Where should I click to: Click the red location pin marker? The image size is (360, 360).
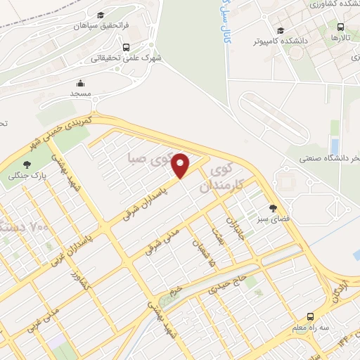[181, 166]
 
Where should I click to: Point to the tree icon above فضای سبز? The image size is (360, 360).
[273, 207]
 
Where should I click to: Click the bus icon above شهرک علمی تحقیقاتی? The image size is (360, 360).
[126, 48]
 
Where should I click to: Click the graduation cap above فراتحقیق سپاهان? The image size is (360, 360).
[101, 15]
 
